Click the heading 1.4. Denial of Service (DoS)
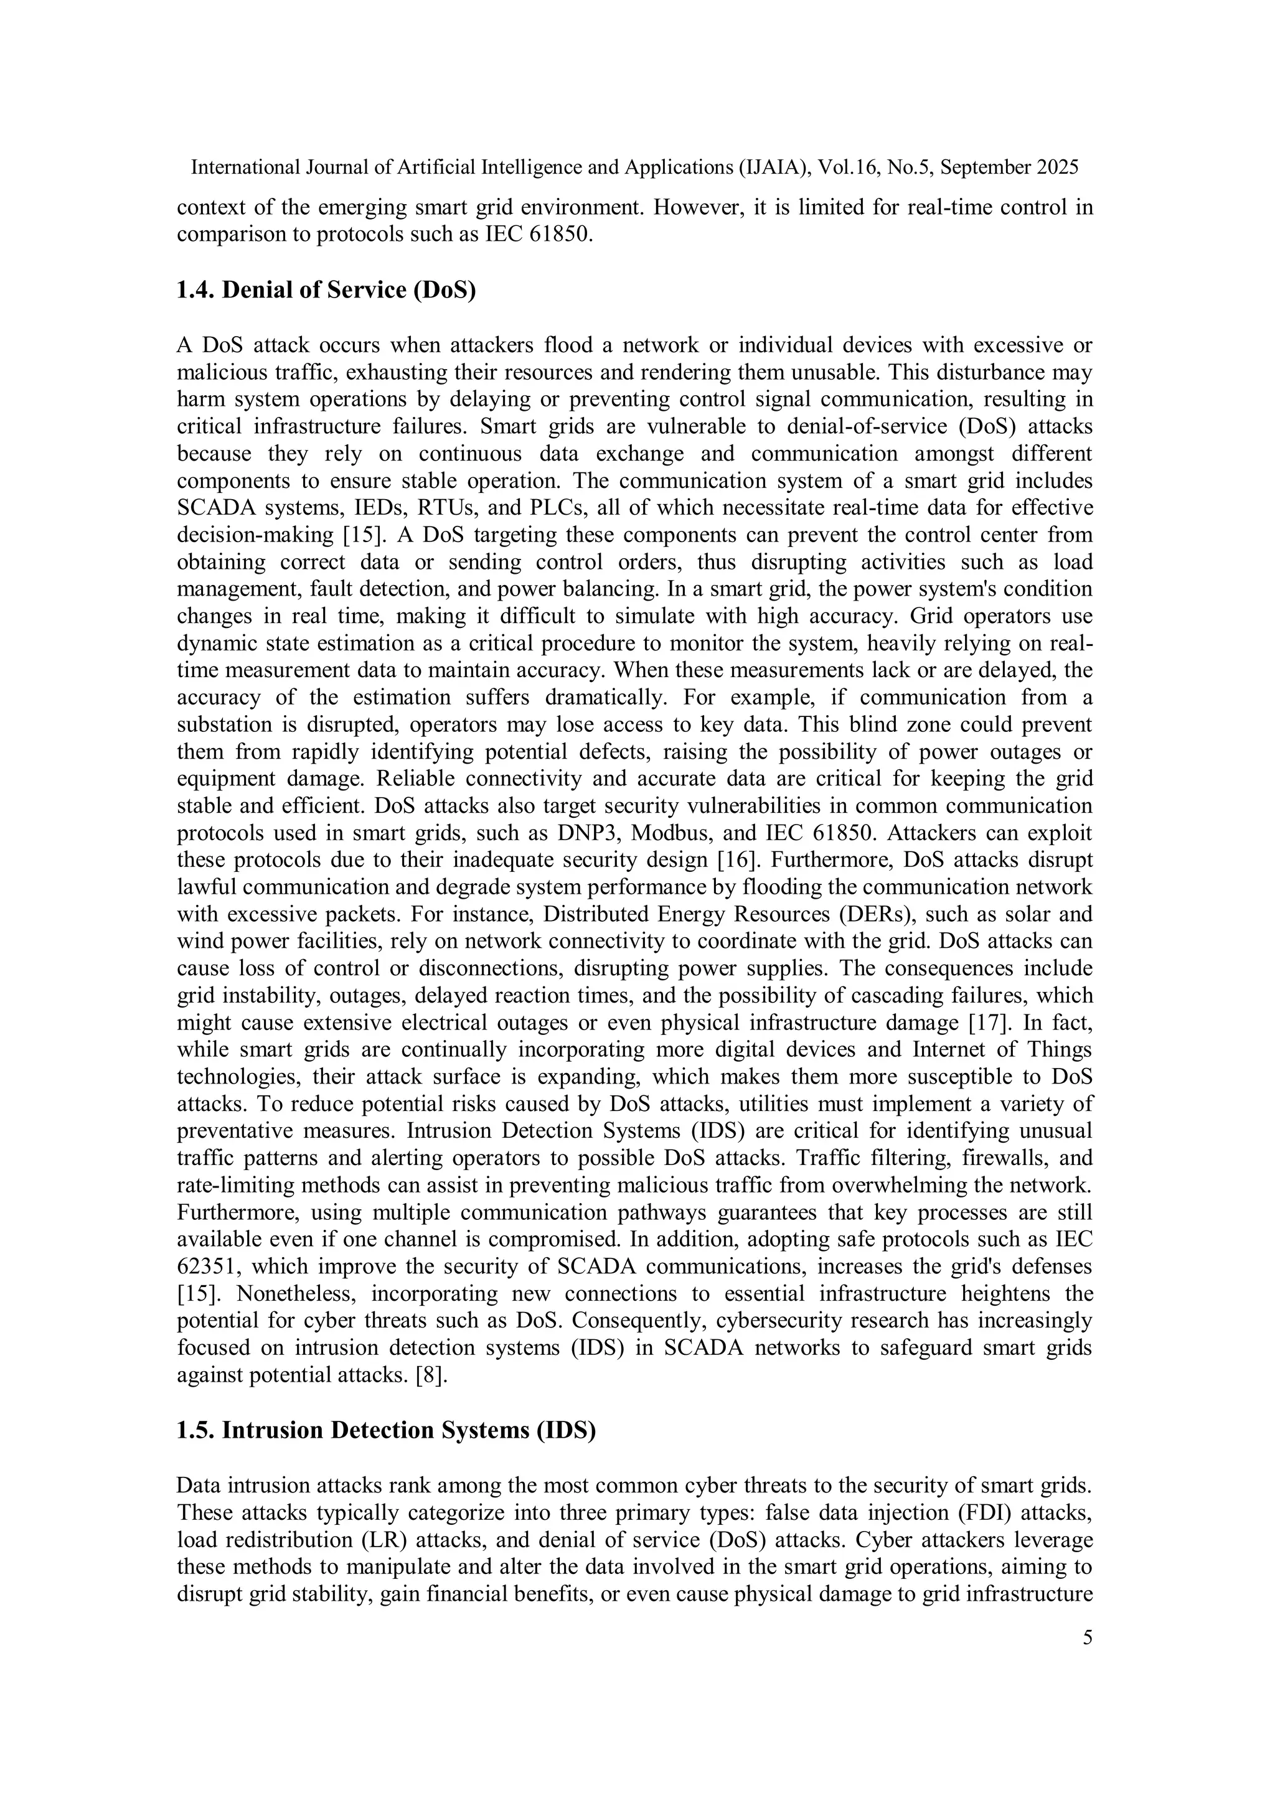326,290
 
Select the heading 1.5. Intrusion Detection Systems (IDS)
386,1430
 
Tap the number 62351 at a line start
207,1267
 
